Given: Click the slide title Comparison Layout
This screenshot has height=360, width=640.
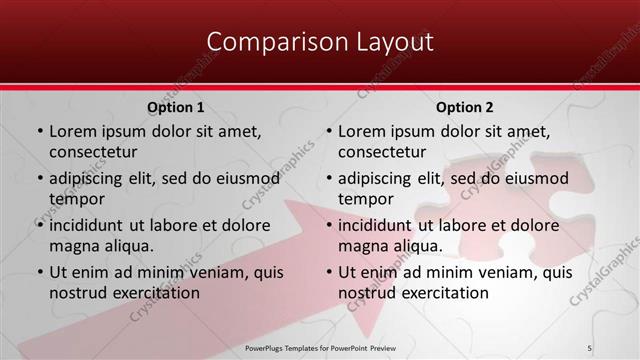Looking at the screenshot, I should coord(320,42).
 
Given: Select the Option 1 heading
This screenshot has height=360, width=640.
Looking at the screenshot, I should coord(176,107).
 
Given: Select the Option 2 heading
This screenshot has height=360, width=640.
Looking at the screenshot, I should coord(465,107).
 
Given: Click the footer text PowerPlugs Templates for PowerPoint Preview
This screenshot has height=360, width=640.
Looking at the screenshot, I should coord(320,347).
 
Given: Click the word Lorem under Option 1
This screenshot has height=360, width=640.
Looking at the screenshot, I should coord(73,131).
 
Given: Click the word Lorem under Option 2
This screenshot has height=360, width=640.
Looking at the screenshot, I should coord(362,131).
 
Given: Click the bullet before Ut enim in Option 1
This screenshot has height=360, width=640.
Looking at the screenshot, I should coord(39,272).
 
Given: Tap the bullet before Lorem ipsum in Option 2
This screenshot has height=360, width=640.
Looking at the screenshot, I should coord(328,131).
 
